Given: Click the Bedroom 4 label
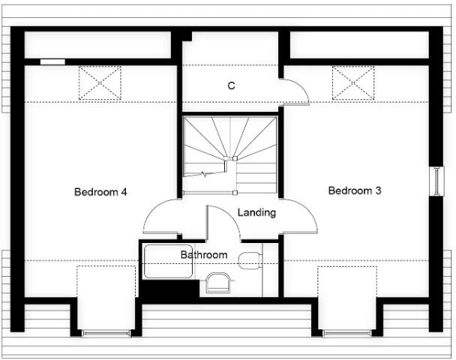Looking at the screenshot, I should [x=100, y=192].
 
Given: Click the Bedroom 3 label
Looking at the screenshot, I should [x=355, y=190].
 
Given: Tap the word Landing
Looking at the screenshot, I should [x=256, y=212].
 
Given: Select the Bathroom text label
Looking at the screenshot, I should [x=203, y=255].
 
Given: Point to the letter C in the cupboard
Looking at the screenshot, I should [x=232, y=85].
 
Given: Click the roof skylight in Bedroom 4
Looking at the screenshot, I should [x=100, y=82].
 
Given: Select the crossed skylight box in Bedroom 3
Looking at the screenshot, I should [x=353, y=82].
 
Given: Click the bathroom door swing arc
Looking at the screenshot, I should [x=222, y=222].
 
